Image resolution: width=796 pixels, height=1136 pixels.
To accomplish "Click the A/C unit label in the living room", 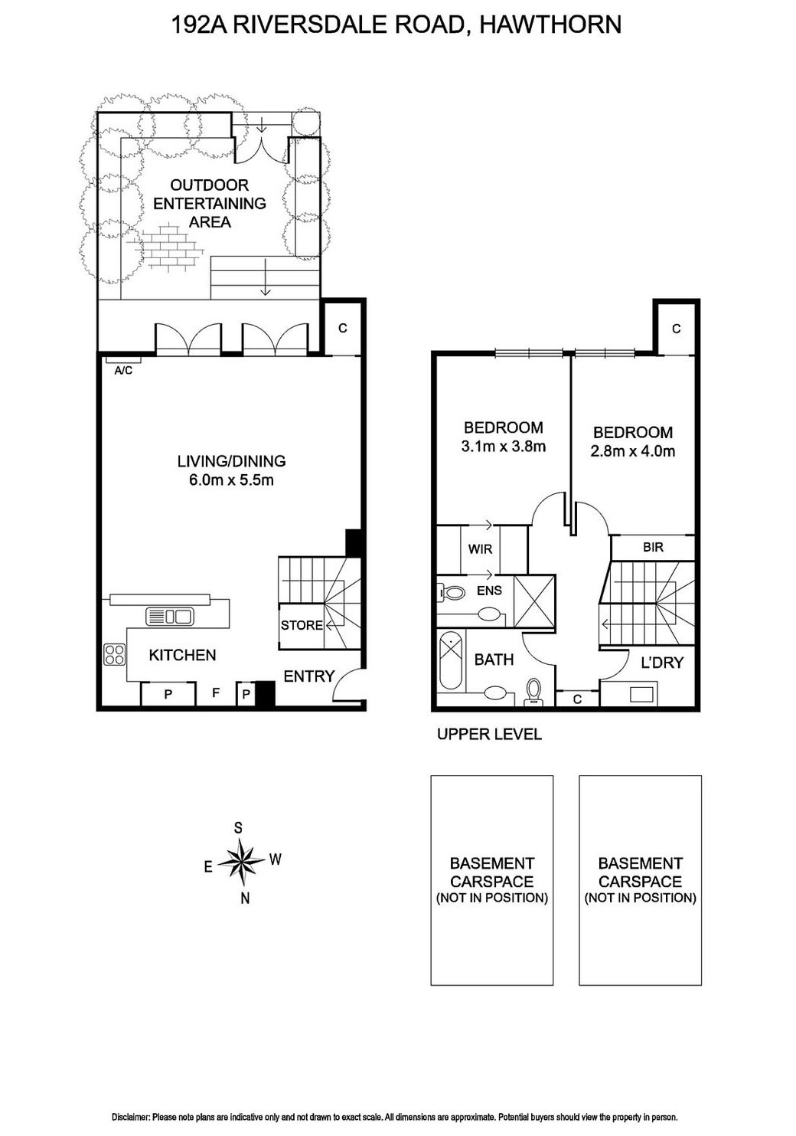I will point(122,371).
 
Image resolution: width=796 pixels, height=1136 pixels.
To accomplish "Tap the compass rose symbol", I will point(242,862).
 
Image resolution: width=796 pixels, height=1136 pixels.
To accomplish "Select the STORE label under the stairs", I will point(302,625).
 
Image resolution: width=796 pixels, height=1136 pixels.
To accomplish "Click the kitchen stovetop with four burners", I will point(115,655).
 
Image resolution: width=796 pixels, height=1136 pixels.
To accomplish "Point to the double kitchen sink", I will point(169,616).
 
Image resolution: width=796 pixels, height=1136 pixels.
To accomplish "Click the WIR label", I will point(480,549).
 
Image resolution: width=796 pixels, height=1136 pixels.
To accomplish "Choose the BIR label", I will point(653,547).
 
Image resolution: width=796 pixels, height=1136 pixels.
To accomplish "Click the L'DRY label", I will point(661,663).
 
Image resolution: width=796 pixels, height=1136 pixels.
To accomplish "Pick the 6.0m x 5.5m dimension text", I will point(231,480).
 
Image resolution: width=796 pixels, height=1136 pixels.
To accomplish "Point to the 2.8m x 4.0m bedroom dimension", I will point(632,451).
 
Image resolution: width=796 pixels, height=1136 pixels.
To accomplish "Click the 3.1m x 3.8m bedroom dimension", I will point(503,447).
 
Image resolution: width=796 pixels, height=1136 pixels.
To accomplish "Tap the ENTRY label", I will point(309,676).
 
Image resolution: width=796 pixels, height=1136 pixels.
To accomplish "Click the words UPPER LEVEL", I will point(488,734).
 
